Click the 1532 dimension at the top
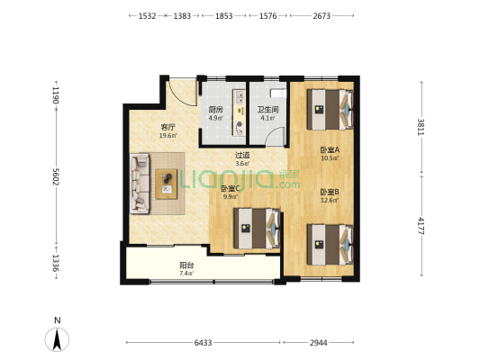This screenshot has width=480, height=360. coord(148,15)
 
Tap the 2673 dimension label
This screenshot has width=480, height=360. coord(322,15)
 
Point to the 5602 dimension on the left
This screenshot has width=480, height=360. coord(56,176)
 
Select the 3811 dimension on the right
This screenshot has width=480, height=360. coord(421,127)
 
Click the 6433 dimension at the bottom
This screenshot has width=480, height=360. coord(203,343)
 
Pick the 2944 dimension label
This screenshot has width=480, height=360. coord(319,343)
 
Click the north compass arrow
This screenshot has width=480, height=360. coord(57,339)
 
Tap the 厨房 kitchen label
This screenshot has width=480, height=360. coord(215,110)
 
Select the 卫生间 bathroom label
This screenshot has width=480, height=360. coord(267,109)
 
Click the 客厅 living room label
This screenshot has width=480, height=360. coord(168,127)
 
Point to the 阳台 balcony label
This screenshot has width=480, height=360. coord(186,265)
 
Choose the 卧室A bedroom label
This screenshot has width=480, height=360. coord(330,150)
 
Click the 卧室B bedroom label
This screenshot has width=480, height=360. coord(330,192)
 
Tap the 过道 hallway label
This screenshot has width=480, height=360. coord(242,156)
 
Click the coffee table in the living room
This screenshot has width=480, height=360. coord(167,184)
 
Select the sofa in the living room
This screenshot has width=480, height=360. coord(140,184)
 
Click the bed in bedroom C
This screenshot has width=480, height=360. coord(257,229)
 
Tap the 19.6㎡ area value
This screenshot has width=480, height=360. coord(168,136)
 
